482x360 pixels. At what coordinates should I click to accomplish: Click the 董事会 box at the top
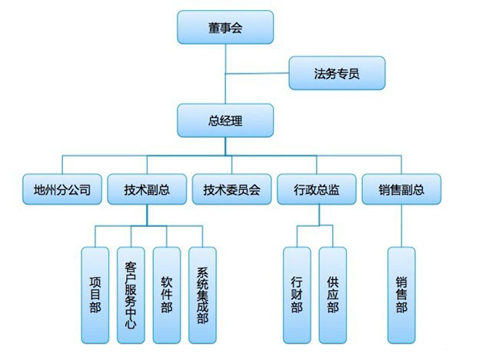[224, 28]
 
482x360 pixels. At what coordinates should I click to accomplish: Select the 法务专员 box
[336, 74]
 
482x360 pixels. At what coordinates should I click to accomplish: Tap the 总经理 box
[224, 121]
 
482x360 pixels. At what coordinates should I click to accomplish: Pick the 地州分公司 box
[62, 189]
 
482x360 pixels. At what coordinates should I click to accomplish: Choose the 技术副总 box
[147, 189]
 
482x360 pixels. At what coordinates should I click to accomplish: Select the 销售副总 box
[401, 189]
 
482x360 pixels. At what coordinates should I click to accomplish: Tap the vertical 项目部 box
[95, 295]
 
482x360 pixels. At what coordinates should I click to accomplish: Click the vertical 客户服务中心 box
[130, 295]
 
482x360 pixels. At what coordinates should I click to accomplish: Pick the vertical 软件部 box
[166, 295]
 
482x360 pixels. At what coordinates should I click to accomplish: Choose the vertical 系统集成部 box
[202, 295]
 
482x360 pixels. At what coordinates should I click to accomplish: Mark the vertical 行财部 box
[297, 295]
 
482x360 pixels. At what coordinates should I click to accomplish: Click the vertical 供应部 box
[332, 295]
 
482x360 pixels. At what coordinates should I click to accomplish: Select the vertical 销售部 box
[401, 295]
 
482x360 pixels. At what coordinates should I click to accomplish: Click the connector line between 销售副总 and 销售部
[401, 226]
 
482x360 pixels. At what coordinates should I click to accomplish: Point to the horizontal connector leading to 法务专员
[257, 75]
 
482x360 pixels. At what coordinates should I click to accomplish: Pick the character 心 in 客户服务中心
[130, 325]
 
